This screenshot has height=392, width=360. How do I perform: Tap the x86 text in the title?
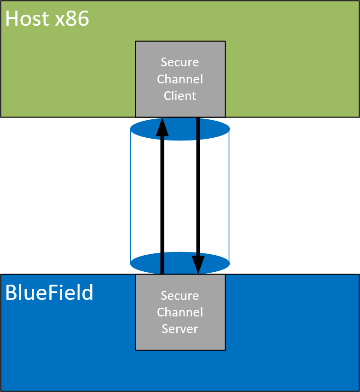click(x=71, y=19)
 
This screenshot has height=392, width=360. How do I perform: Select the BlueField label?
click(x=49, y=293)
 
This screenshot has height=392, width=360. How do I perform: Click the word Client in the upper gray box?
click(x=180, y=96)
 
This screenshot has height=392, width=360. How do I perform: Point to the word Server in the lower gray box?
click(x=180, y=329)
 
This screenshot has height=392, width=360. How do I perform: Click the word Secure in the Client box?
click(x=180, y=62)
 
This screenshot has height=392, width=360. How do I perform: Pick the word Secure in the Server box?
click(x=180, y=295)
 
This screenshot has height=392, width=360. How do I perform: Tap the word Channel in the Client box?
click(x=180, y=79)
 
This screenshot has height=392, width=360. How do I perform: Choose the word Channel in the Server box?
click(x=180, y=312)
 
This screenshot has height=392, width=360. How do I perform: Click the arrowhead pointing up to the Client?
click(x=162, y=127)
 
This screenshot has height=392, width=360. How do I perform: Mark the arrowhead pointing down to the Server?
click(x=198, y=264)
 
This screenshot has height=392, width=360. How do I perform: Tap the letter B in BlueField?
click(x=11, y=293)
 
